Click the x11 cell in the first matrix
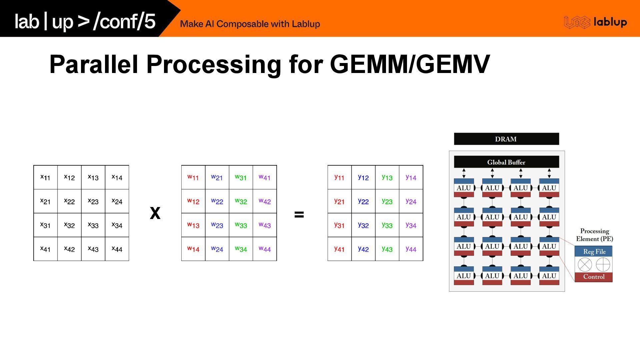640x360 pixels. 45,177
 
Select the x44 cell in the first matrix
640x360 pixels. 117,249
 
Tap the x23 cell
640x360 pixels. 93,201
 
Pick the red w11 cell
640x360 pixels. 193,177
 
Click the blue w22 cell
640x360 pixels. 217,201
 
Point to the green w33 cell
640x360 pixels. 241,225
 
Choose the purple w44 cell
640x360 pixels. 265,249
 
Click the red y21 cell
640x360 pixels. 339,201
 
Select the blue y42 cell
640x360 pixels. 363,249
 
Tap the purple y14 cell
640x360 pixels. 411,177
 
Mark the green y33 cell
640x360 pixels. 387,225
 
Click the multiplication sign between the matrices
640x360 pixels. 155,213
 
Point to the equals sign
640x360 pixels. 299,214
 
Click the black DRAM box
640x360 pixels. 506,139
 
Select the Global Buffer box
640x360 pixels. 506,162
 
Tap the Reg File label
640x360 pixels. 594,252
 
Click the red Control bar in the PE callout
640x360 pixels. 594,277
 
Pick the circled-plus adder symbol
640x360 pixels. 603,265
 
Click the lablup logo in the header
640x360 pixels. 595,22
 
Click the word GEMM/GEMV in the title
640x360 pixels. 410,64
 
